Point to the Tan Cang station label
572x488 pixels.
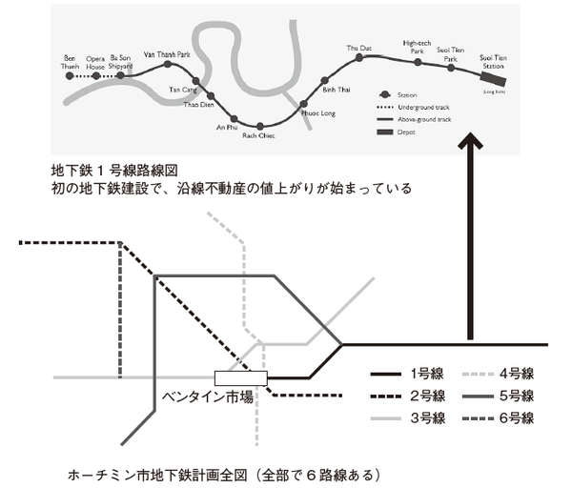[x=181, y=89]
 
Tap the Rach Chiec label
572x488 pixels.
[x=259, y=135]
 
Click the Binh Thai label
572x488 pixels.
[x=337, y=89]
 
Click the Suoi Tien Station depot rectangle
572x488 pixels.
[x=494, y=81]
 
